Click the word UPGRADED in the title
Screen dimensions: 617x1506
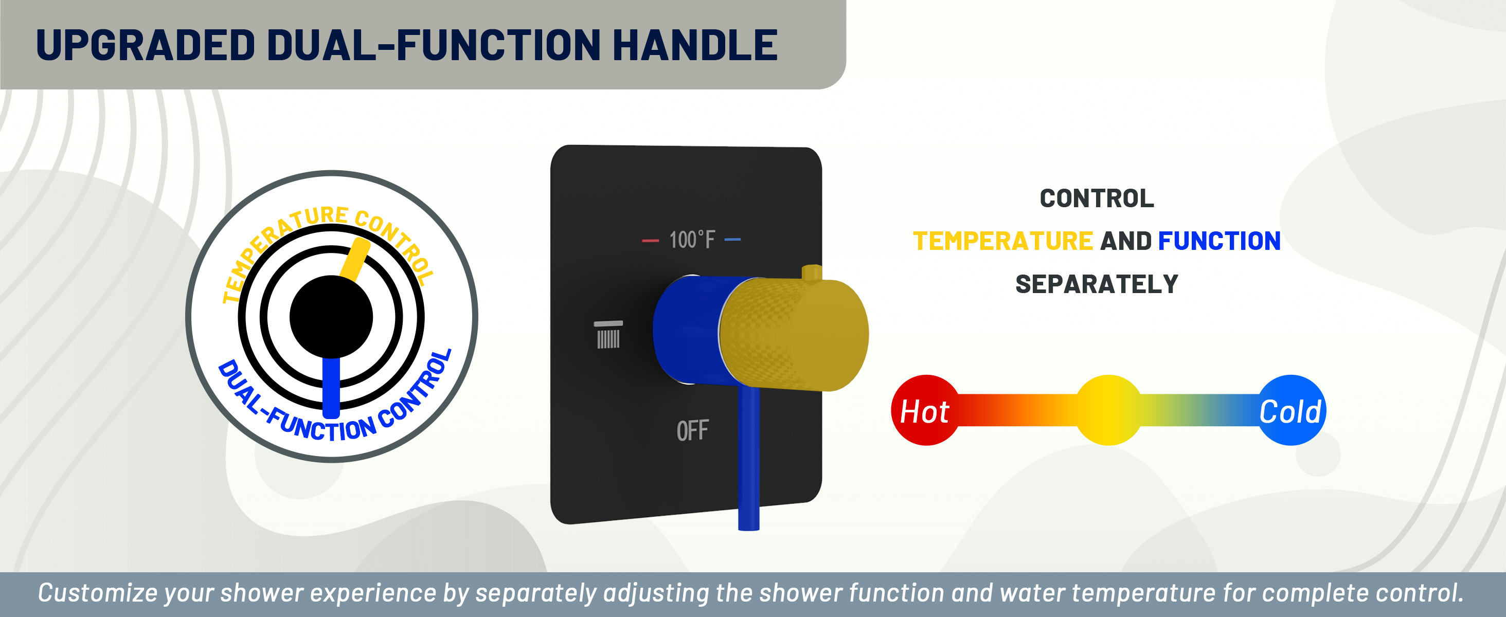(x=146, y=45)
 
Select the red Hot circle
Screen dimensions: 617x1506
(x=925, y=411)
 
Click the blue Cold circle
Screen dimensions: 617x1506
(x=1292, y=411)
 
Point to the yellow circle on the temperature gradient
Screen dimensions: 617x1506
(x=1108, y=410)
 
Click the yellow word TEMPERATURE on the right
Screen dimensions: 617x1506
(x=1002, y=241)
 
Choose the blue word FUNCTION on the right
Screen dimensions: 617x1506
(x=1219, y=241)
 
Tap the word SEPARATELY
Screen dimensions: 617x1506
(x=1097, y=284)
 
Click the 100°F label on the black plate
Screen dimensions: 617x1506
(x=692, y=240)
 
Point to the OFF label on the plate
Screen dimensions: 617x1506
(x=692, y=431)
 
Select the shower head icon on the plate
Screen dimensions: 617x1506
(x=608, y=335)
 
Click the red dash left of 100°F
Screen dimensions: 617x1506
(x=650, y=240)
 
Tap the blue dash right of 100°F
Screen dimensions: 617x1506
(x=732, y=240)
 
